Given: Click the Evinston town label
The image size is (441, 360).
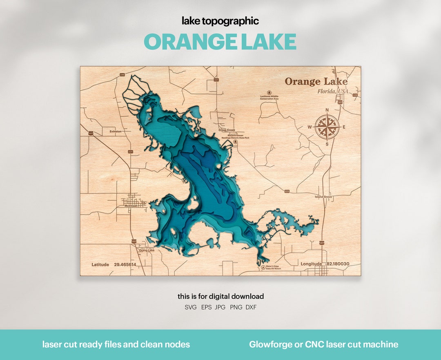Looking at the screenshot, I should [116, 132].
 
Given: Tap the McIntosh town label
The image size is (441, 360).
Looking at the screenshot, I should [131, 206].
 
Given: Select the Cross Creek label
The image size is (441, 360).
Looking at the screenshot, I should [227, 130].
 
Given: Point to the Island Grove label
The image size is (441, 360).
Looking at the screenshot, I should [323, 197].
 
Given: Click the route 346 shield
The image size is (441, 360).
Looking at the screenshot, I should [122, 75].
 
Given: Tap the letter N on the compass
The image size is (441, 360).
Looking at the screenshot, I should [327, 110].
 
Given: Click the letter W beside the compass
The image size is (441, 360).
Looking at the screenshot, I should [310, 127].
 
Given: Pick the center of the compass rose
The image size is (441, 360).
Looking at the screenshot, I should [327, 127].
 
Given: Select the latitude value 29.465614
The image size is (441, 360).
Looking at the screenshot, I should [125, 265].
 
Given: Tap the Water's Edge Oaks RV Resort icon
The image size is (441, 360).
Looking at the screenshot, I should [263, 268].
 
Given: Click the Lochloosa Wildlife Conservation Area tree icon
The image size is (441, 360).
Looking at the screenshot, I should [269, 93].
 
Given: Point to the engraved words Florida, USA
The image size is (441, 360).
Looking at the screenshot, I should [333, 91].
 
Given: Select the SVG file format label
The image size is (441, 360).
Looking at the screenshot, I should [191, 307].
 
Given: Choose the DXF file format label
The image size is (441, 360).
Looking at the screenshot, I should [251, 307].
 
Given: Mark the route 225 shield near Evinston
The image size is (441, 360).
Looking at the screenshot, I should [131, 152].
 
